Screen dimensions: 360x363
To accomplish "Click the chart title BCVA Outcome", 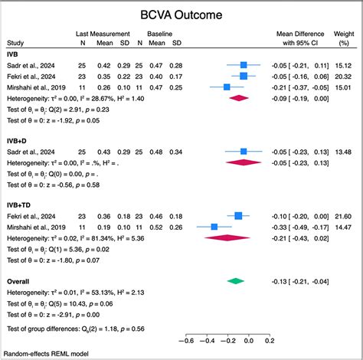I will click(181, 15).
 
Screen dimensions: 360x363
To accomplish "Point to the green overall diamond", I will click(237, 281).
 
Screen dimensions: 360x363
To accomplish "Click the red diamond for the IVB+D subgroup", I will click(243, 162).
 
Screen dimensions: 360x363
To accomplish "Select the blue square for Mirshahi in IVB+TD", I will click(214, 227).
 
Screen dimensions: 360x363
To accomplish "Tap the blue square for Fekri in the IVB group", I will click(244, 77).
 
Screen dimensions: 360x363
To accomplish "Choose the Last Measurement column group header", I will click(102, 35).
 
